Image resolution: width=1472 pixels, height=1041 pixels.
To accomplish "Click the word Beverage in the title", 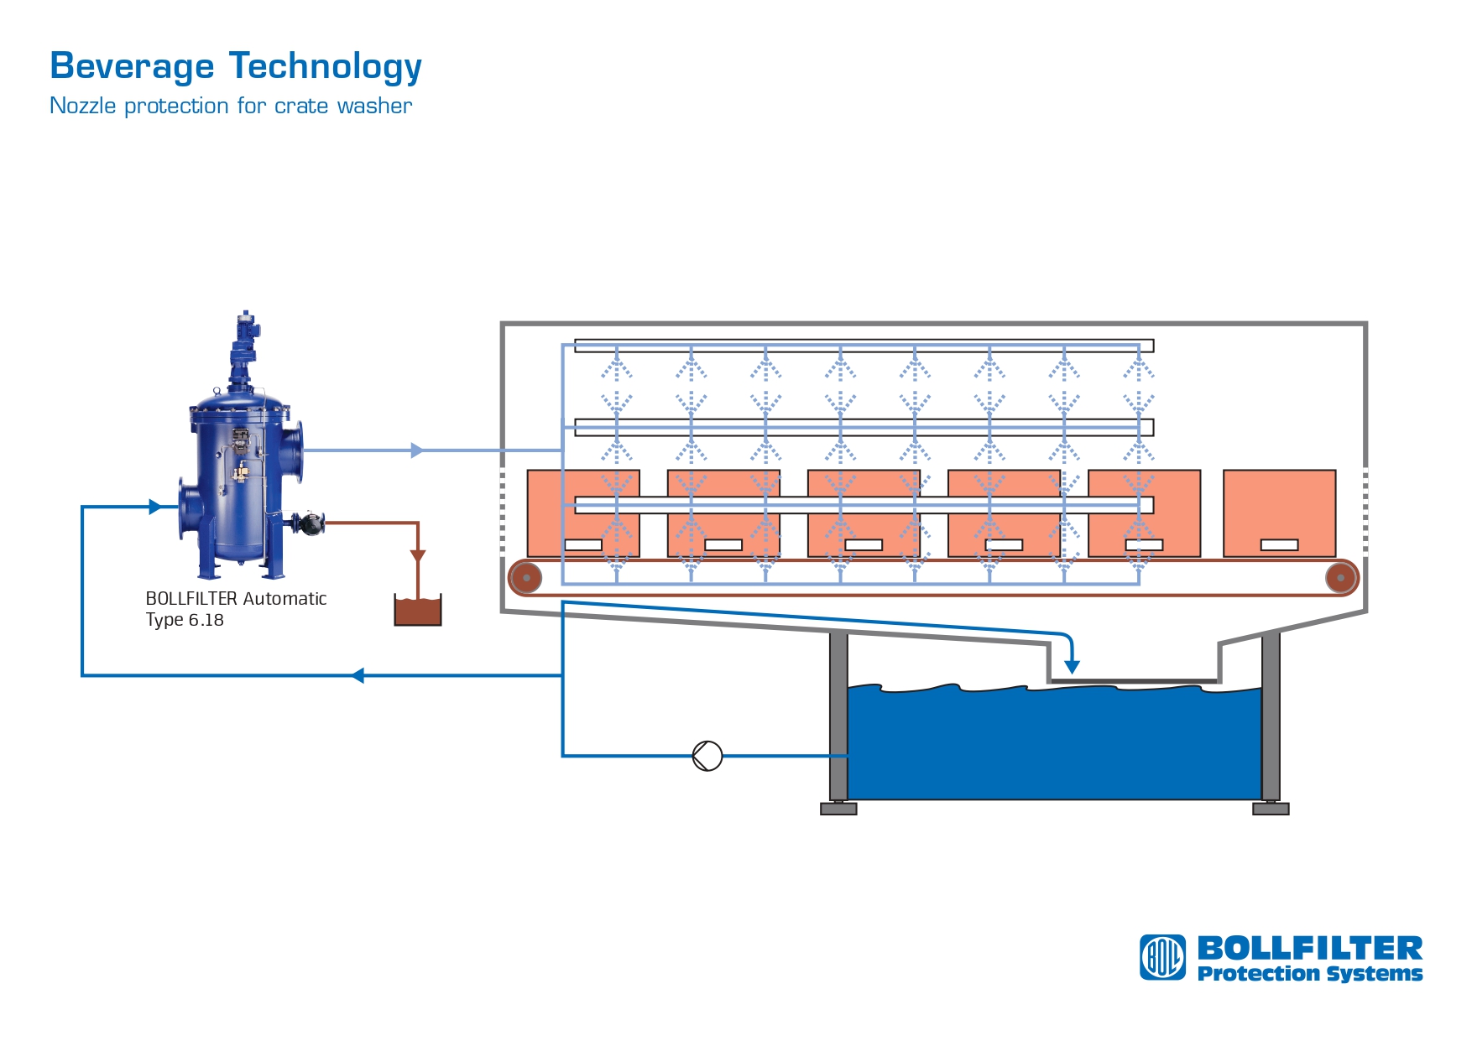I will [x=132, y=66].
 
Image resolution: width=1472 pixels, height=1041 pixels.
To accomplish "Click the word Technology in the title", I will [x=326, y=66].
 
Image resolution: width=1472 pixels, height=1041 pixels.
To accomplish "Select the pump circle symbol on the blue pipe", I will [x=707, y=756].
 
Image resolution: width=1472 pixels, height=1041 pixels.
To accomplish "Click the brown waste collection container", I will [x=418, y=611].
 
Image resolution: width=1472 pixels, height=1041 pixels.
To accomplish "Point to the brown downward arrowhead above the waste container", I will [x=418, y=556].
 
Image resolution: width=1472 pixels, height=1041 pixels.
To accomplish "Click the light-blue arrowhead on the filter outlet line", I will [x=417, y=450].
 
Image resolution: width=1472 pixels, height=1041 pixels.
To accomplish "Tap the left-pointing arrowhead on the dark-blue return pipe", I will [x=358, y=675].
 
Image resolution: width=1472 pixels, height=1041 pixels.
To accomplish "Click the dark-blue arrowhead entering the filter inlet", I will [x=155, y=507].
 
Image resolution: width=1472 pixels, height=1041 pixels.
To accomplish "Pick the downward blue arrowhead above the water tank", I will [x=1072, y=667].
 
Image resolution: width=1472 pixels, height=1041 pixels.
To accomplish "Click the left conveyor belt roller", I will [x=526, y=577].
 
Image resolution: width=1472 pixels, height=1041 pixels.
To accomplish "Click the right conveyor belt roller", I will [x=1341, y=577].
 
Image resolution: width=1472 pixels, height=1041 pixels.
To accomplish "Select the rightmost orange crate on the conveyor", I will [x=1279, y=512].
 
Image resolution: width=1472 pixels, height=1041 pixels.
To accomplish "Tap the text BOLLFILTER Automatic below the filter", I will [x=236, y=598].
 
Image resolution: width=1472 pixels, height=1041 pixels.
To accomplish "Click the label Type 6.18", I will [x=185, y=620].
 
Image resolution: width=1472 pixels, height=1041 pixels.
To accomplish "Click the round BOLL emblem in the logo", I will [x=1162, y=957].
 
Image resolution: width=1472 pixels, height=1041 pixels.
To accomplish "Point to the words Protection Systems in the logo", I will [x=1309, y=974].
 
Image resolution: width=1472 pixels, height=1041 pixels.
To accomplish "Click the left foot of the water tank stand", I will [x=838, y=809].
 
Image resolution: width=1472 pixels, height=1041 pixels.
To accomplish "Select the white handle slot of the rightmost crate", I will [x=1279, y=545].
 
